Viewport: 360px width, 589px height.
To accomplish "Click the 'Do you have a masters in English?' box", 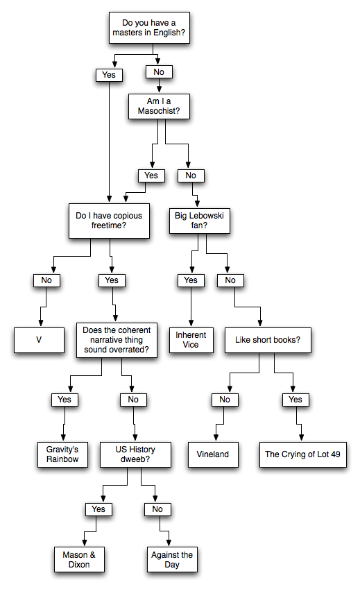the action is coord(149,28).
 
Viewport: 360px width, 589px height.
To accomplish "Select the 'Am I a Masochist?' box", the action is coord(159,106).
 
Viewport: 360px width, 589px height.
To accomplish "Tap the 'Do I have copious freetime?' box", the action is coord(109,221).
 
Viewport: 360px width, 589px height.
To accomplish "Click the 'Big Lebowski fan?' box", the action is coord(199,221).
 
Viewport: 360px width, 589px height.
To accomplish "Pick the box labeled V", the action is coord(39,340).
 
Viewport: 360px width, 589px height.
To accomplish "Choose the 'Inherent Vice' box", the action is coord(191,340).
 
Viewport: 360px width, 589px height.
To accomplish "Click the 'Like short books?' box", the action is coord(268,340).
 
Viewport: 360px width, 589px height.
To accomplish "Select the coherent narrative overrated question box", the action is coord(117,340).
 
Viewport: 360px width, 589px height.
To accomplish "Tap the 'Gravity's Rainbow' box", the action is coord(62,454).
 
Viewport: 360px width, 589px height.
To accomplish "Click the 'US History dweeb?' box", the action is coord(135,454).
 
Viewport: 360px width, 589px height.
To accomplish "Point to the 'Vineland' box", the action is coord(213,454).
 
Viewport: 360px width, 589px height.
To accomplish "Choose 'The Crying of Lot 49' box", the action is coord(302,454).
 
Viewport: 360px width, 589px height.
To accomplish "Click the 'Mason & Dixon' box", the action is coord(79,559).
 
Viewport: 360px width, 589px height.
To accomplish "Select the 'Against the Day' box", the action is coord(172,559).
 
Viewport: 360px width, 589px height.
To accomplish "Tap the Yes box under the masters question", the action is coord(109,75).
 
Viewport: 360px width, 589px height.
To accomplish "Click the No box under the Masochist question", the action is coord(191,176).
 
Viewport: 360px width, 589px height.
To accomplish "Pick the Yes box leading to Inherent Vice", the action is coord(191,280).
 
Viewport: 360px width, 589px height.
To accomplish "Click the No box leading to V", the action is coord(46,280).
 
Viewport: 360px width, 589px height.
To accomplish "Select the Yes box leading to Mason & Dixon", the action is coord(98,509).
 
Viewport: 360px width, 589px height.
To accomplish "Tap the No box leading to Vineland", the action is coord(225,400).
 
